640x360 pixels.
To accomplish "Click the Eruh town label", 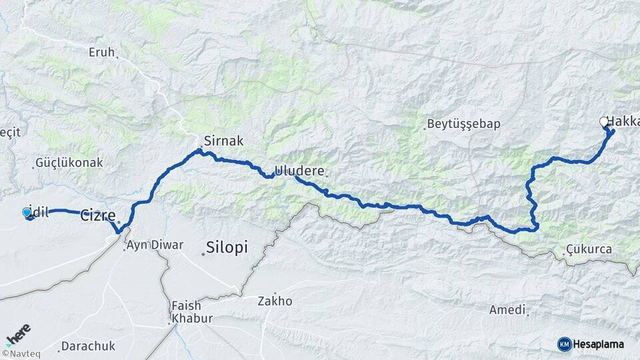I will [101, 51].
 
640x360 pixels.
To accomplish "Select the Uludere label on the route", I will [300, 171].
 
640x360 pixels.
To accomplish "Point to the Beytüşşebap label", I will [463, 124].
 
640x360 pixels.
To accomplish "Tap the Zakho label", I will [275, 301].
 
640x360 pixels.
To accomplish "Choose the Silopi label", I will [227, 247].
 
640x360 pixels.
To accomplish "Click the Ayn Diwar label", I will [154, 245].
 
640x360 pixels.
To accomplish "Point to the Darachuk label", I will [88, 346].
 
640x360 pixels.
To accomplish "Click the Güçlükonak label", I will [69, 162].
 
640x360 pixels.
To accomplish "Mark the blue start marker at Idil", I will [27, 212].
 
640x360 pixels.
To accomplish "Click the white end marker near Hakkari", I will [604, 121].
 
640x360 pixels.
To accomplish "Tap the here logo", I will [18, 333].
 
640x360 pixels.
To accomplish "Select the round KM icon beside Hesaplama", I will [564, 344].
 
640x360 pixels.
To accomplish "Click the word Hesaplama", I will [599, 344].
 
